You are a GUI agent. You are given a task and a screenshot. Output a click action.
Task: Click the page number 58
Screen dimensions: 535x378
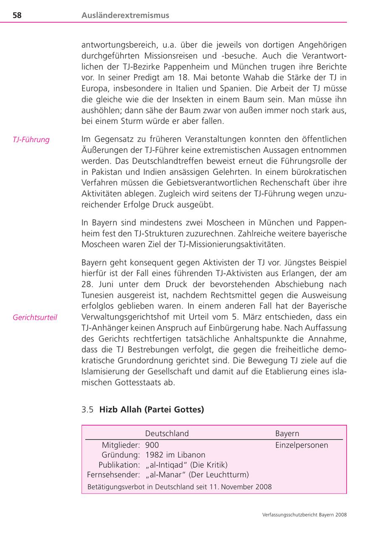point(17,16)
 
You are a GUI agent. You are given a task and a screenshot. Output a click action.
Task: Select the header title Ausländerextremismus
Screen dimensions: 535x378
point(125,16)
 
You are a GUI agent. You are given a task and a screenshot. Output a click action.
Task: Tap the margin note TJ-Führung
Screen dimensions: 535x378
point(31,140)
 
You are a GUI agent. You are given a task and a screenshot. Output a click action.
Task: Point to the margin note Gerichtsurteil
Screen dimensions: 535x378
point(35,318)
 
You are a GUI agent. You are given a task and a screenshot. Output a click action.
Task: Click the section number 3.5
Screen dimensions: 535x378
point(87,410)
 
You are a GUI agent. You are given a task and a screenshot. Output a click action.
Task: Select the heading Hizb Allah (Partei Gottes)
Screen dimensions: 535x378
point(152,410)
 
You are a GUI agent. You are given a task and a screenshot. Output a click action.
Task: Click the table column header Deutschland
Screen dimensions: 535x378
point(167,434)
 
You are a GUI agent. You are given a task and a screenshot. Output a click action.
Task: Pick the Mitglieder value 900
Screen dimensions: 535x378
point(152,445)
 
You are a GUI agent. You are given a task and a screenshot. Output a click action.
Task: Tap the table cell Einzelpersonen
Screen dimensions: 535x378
point(302,445)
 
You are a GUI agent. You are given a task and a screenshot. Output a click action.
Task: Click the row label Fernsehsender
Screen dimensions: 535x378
point(113,475)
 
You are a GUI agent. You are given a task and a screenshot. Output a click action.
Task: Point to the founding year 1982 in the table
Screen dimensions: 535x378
point(154,455)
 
